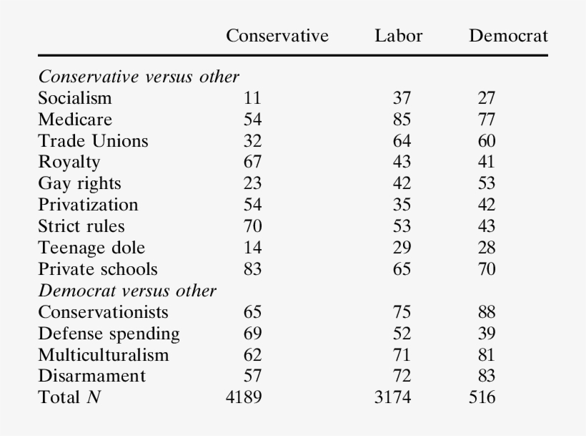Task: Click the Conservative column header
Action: tap(277, 36)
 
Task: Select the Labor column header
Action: tap(398, 36)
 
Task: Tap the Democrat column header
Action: tap(508, 36)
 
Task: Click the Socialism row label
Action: tap(75, 98)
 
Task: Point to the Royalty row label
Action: tap(69, 162)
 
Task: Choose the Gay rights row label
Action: tap(79, 183)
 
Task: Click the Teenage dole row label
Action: tap(91, 248)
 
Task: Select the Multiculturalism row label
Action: tap(104, 354)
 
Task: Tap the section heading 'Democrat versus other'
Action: tap(127, 291)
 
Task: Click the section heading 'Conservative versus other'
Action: tap(139, 77)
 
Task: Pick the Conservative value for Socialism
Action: tap(252, 98)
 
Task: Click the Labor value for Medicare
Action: tap(402, 120)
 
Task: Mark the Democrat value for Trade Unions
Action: tap(486, 141)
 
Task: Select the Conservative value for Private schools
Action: tap(252, 269)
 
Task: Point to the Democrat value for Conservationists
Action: tap(486, 312)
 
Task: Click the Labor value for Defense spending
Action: tap(402, 334)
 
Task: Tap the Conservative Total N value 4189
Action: tap(244, 397)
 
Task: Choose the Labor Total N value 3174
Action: tap(392, 397)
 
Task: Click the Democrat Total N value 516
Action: tap(482, 397)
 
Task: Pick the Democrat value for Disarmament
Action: tap(486, 376)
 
